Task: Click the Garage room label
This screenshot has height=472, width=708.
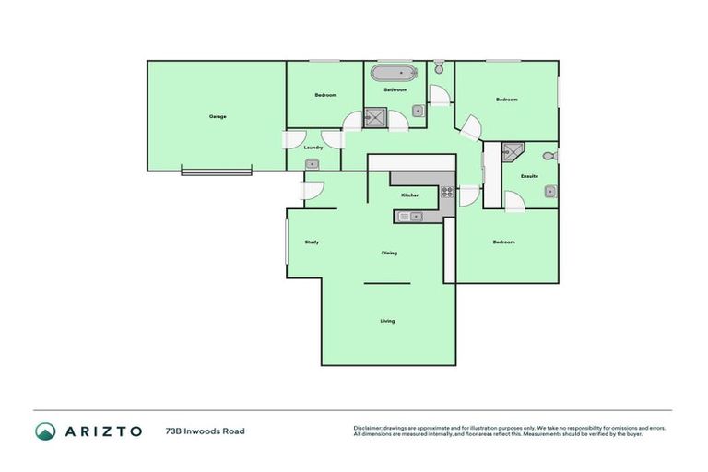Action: pos(218,116)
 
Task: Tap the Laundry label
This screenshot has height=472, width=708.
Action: pos(313,147)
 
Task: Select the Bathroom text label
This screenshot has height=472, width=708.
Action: pos(395,90)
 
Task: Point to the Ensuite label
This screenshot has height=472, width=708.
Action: pos(529,176)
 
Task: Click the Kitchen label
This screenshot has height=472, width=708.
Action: pos(410,195)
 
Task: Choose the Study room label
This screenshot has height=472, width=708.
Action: pos(312,242)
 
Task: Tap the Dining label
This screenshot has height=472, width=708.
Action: pos(389,253)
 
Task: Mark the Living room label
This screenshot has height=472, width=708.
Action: pos(387,321)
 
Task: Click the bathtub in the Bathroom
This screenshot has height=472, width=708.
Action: pos(394,72)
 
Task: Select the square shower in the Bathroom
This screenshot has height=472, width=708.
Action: pos(375,116)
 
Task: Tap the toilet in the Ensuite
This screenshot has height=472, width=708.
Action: pos(550,156)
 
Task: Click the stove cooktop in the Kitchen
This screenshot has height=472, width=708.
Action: pos(446,193)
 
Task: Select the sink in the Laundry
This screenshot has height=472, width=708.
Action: pos(313,164)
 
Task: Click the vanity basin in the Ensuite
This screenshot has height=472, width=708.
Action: pos(549,192)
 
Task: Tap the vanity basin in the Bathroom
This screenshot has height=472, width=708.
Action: pos(418,111)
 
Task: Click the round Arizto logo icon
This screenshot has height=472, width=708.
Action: pos(45,431)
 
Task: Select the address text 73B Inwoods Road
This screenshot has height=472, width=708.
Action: pos(205,431)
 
